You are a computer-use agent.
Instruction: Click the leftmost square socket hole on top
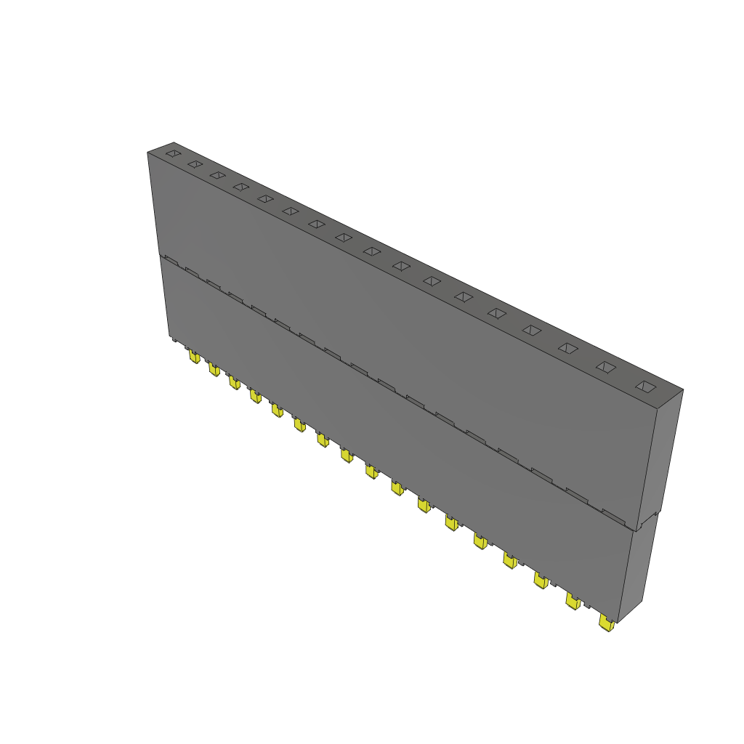tap(172, 153)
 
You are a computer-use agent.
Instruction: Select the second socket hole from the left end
tap(194, 164)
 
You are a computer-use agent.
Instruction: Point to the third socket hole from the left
tap(217, 175)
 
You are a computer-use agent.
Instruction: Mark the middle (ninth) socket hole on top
tap(372, 251)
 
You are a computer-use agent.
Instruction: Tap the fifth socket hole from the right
tap(497, 313)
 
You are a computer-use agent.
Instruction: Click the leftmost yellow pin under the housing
tap(193, 357)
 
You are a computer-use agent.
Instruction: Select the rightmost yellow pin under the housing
tap(606, 623)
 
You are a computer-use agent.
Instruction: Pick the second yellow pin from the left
tap(214, 370)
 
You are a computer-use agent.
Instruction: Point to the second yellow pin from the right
tap(573, 601)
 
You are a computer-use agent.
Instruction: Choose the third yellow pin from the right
tap(541, 580)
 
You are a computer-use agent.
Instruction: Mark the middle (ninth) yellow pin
tap(371, 472)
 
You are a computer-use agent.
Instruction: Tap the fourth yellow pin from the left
tap(255, 396)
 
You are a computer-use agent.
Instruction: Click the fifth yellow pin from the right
tap(480, 541)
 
